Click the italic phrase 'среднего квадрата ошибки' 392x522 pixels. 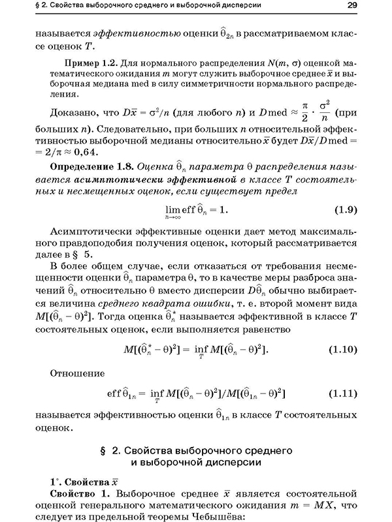pyautogui.click(x=156, y=304)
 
